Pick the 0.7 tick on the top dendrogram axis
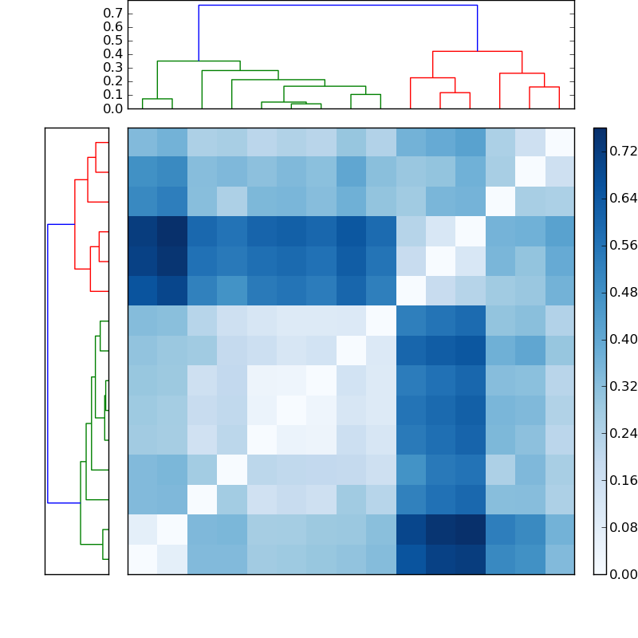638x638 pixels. [113, 14]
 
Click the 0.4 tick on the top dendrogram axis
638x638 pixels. [113, 54]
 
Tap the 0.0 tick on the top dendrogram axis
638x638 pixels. [113, 108]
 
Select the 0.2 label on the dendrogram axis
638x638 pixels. [113, 81]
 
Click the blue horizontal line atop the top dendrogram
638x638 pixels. [337, 6]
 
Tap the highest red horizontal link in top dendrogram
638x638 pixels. [477, 52]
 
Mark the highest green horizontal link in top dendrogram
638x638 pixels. [199, 61]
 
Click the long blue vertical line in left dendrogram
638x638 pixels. [48, 363]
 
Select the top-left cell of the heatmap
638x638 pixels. [142, 142]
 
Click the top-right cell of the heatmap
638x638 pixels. [559, 142]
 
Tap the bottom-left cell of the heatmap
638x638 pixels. [142, 559]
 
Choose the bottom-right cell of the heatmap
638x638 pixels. [559, 559]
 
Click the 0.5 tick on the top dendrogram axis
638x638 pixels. [113, 41]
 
